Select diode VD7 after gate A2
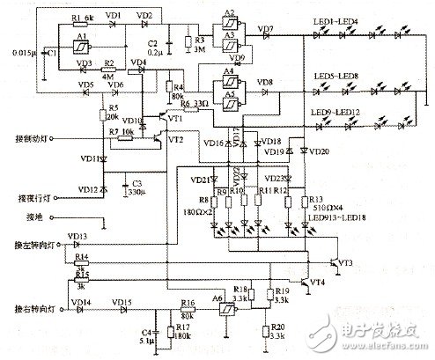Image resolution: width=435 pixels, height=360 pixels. (x=265, y=38)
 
